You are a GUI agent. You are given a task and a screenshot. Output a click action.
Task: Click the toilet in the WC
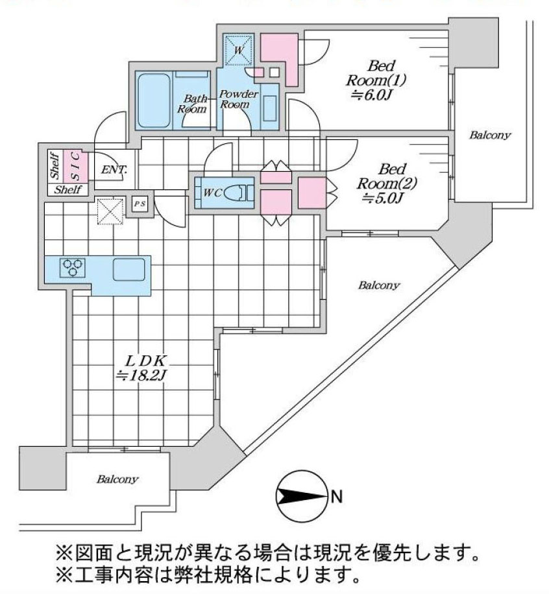pyautogui.click(x=239, y=193)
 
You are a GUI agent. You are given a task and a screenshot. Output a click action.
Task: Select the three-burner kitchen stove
pyautogui.click(x=72, y=267)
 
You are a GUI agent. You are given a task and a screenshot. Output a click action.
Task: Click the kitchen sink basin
pyautogui.click(x=128, y=268)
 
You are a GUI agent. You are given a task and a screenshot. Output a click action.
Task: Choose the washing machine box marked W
pyautogui.click(x=238, y=49)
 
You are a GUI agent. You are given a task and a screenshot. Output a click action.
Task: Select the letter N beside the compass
pyautogui.click(x=335, y=498)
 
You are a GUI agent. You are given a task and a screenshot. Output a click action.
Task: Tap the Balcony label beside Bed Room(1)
pyautogui.click(x=490, y=136)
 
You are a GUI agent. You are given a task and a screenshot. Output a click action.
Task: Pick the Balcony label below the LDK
pyautogui.click(x=117, y=480)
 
